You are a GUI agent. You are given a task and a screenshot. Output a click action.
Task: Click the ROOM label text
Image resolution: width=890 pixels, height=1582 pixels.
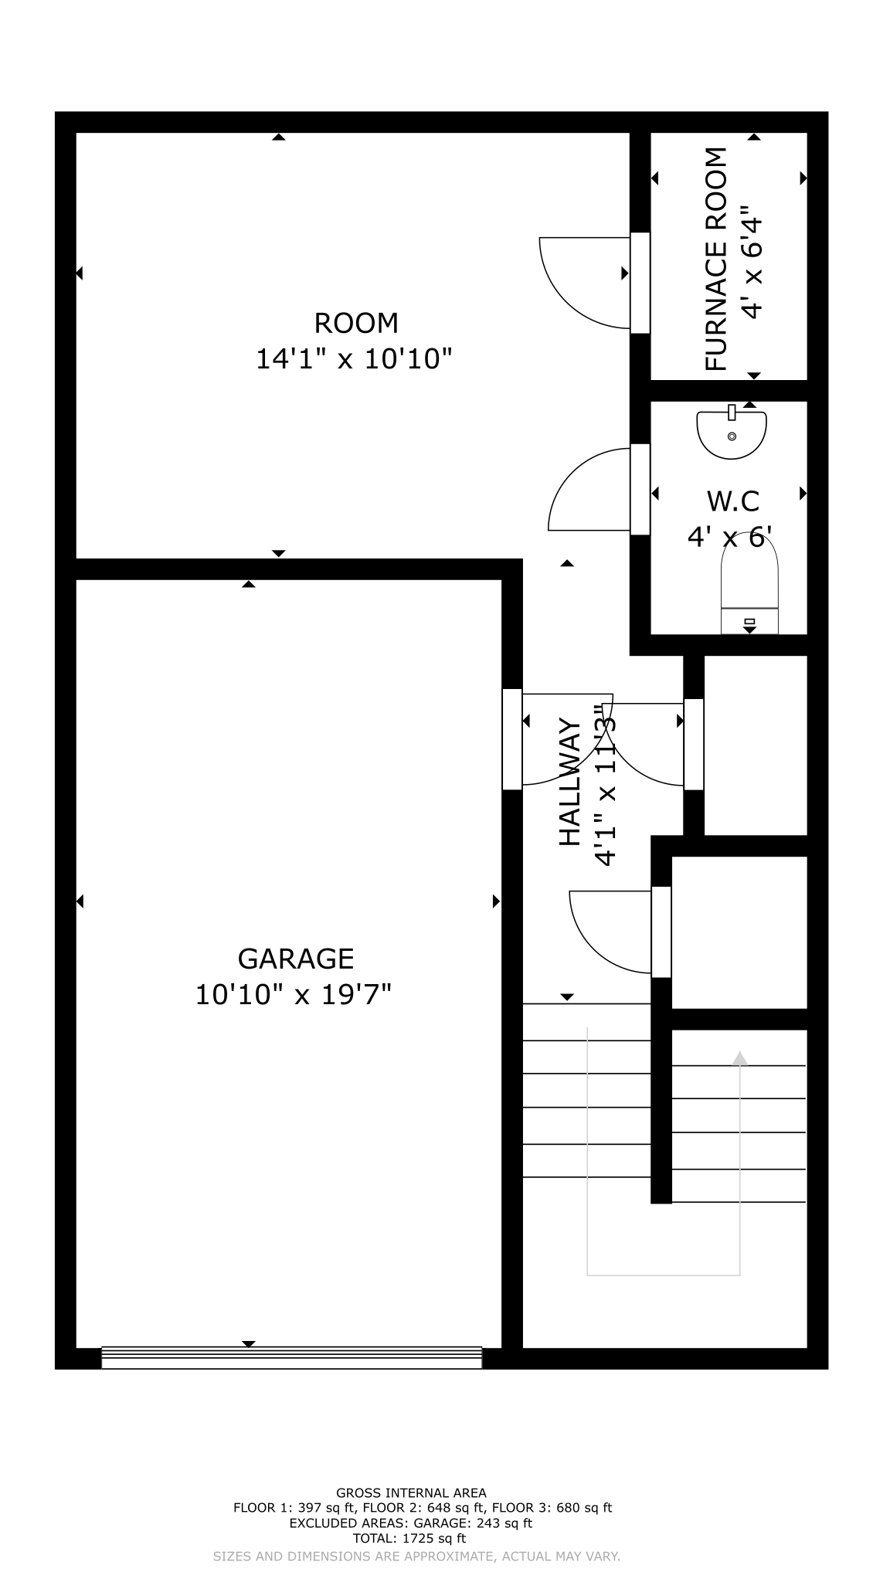(x=356, y=323)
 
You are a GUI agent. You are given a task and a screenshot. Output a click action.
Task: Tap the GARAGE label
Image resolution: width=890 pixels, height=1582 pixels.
(x=296, y=959)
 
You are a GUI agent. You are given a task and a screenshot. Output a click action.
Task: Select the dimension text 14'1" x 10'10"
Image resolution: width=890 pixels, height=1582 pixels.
(x=354, y=359)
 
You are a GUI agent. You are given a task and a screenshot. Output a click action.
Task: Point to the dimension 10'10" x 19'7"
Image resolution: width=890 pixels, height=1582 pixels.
(x=294, y=994)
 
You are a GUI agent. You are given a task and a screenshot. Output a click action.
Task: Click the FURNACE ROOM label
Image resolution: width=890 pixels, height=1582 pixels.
(x=717, y=259)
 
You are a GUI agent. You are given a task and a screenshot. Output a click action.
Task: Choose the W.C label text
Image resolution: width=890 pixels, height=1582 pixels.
(x=733, y=501)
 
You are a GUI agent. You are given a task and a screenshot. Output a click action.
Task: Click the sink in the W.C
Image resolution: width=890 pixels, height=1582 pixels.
(x=732, y=432)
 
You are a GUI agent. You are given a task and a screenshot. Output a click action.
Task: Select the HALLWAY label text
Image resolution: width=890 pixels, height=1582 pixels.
(x=569, y=782)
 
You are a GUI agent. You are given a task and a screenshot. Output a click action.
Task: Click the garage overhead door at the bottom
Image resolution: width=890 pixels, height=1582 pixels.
(x=292, y=1358)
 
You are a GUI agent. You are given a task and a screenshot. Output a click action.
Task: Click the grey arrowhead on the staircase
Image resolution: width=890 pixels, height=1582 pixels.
(x=740, y=1058)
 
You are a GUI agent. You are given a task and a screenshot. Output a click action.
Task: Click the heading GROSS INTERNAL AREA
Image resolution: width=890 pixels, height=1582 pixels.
(x=411, y=1493)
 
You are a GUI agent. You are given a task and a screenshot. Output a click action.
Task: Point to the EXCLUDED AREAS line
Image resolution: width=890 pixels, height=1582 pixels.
(x=411, y=1523)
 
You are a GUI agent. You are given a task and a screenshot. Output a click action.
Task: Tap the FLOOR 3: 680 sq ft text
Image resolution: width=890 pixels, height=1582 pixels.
(x=552, y=1508)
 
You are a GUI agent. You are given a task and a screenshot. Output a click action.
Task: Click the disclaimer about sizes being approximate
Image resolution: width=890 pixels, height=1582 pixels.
(x=416, y=1557)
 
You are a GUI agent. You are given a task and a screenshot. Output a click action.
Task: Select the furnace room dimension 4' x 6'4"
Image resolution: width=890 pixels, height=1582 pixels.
(x=752, y=261)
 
